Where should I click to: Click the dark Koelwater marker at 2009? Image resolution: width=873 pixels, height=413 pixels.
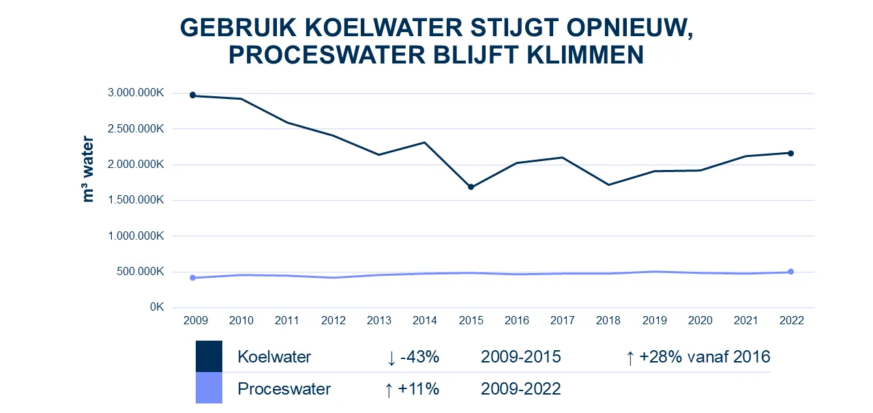tap(192, 96)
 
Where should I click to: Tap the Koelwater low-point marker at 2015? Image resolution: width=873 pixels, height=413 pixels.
tap(471, 187)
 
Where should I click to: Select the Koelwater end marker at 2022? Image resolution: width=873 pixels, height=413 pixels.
tap(790, 154)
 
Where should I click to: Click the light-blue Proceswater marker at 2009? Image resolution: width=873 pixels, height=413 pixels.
tap(192, 278)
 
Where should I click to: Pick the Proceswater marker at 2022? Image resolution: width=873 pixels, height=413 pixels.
tap(790, 272)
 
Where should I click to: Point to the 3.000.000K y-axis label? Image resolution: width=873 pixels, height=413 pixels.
tap(135, 94)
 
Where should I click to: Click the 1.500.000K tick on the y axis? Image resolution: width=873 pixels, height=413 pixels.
tap(135, 200)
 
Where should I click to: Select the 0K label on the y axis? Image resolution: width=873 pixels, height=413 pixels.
tap(156, 307)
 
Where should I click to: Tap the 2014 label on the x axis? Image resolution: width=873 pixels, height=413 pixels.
tap(425, 321)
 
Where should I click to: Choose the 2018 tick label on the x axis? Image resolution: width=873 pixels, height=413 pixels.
tap(608, 321)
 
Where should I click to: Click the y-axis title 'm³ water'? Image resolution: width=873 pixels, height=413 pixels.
tap(88, 169)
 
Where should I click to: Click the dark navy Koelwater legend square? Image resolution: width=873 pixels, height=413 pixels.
tap(209, 356)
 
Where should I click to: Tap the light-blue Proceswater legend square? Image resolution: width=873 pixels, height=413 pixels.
tap(209, 388)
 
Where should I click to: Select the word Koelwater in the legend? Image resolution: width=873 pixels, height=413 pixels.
tap(274, 357)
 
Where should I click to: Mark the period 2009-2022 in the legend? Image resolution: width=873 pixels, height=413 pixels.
tap(520, 389)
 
